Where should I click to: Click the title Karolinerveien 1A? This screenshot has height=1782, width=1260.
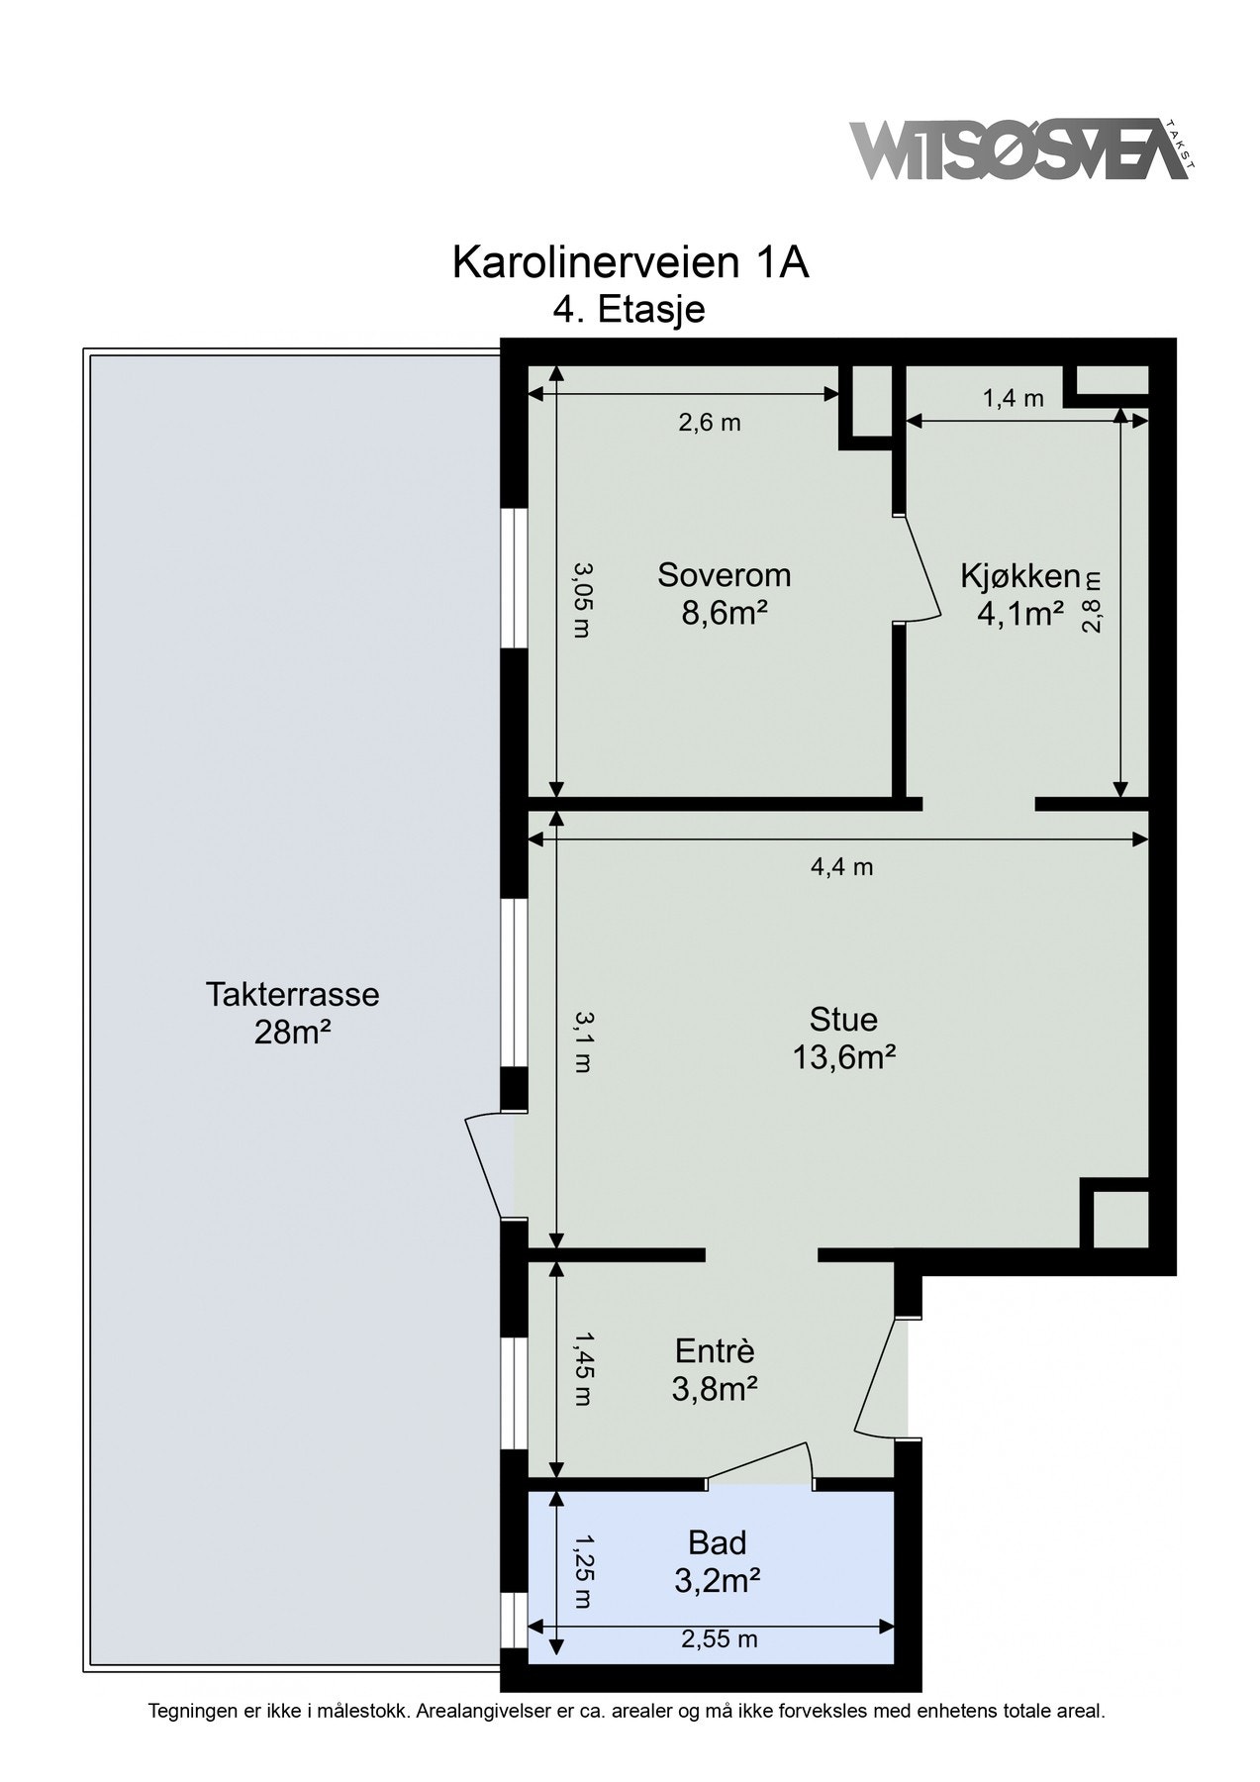[x=630, y=263]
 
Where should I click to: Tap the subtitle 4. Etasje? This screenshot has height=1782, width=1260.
[x=630, y=310]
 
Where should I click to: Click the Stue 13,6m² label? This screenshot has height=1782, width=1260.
[x=843, y=1039]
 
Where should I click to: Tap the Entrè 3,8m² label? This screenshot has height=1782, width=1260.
[x=715, y=1370]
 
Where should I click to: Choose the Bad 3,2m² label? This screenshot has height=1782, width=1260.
[x=717, y=1561]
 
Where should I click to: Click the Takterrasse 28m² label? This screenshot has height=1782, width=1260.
[x=292, y=1013]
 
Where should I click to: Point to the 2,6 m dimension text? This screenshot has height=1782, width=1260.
[x=710, y=423]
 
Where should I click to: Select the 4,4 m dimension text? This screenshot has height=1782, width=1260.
[x=841, y=867]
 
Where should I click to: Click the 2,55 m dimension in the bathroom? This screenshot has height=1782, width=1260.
[x=720, y=1639]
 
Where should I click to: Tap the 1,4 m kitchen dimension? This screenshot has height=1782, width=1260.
[x=1013, y=399]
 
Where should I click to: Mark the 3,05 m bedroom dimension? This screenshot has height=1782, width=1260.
[x=582, y=599]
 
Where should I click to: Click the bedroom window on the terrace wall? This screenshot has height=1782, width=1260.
[x=513, y=579]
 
